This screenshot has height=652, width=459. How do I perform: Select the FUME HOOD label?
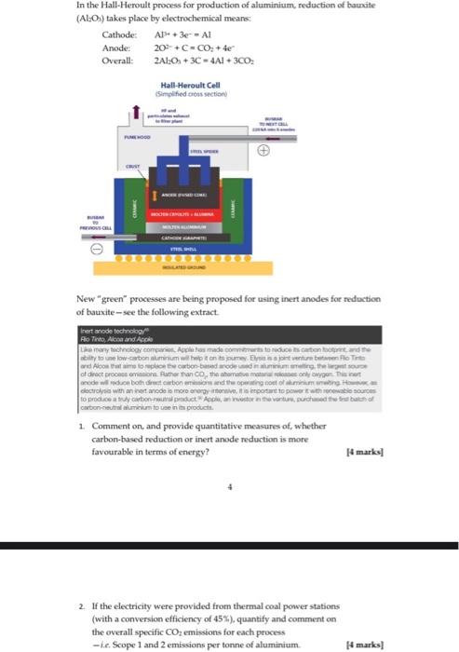137,136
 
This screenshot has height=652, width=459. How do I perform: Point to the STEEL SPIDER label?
206,151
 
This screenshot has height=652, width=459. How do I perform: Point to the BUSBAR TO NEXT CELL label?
273,124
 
